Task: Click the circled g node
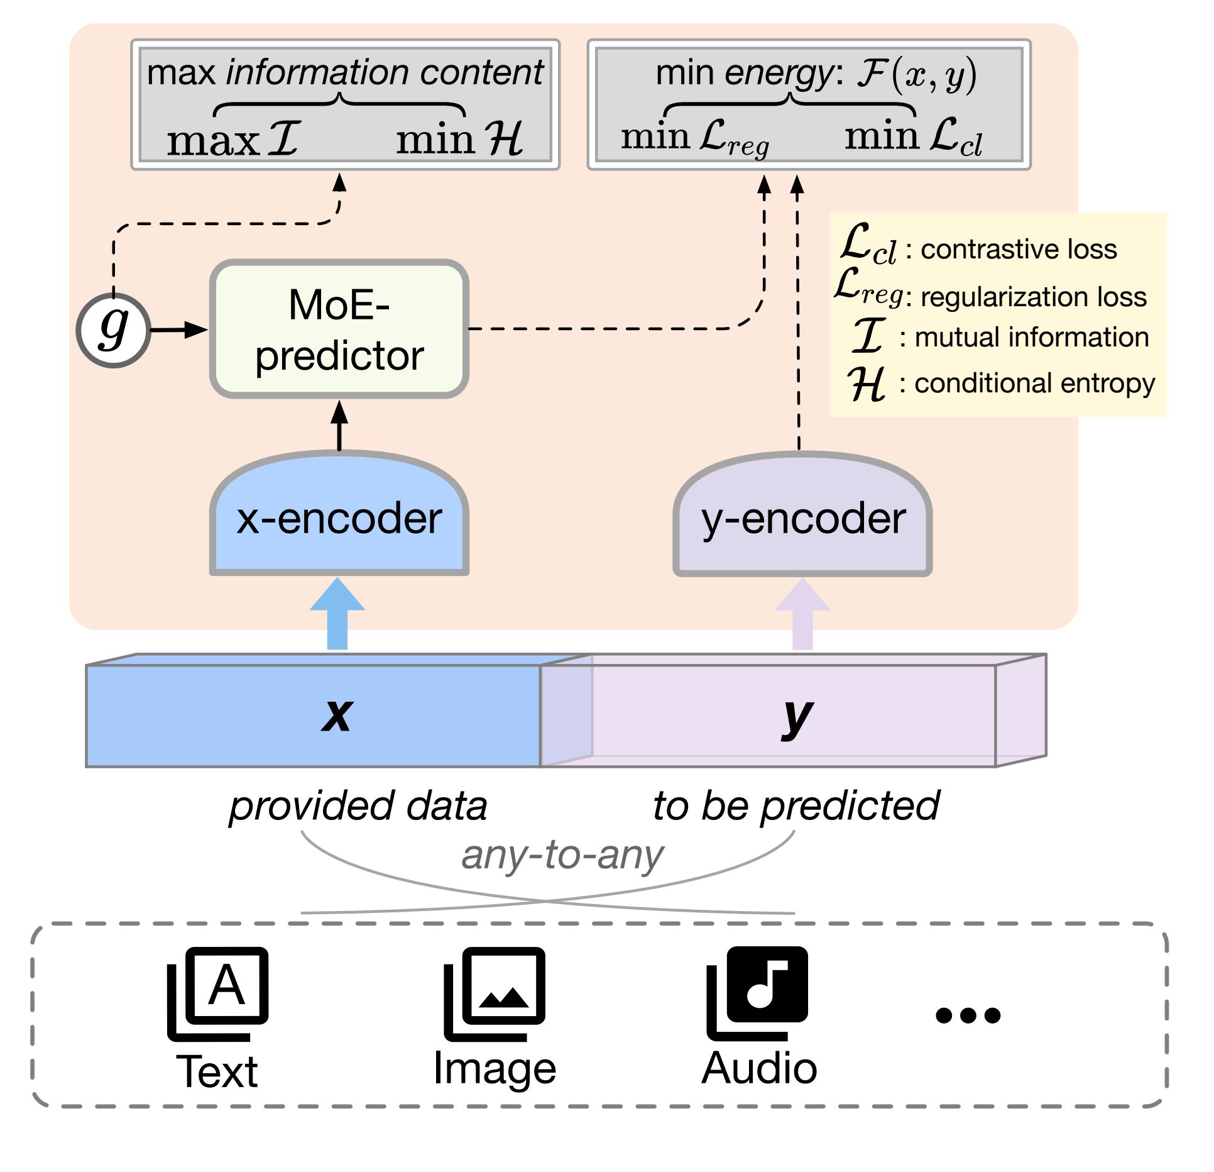[114, 330]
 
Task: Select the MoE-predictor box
[339, 329]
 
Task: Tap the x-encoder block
[339, 512]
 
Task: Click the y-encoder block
[802, 513]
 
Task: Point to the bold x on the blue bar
[337, 715]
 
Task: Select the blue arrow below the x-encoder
[337, 614]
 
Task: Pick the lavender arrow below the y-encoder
[802, 614]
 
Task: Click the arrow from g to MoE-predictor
[179, 329]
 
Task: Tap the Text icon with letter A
[217, 994]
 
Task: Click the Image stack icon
[495, 994]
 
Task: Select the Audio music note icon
[757, 993]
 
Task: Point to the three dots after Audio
[968, 1015]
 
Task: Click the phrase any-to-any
[562, 855]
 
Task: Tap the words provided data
[358, 807]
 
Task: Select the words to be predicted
[796, 807]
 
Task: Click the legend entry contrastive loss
[1019, 250]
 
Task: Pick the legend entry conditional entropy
[1034, 384]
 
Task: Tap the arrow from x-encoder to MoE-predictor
[339, 426]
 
